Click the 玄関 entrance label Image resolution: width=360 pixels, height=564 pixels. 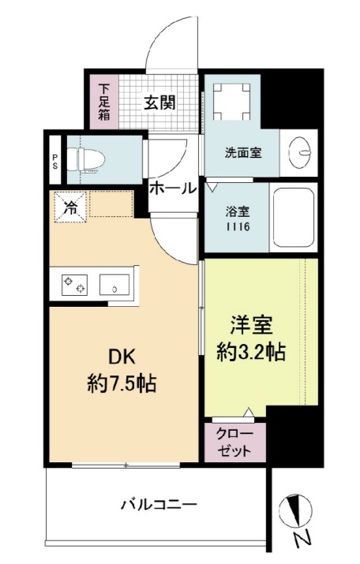[x=159, y=103]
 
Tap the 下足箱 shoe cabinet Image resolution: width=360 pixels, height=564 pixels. [x=104, y=100]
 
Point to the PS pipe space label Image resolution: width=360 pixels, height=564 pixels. [x=54, y=162]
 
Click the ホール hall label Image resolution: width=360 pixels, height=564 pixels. [x=172, y=189]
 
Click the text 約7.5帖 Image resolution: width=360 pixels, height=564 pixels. [x=121, y=384]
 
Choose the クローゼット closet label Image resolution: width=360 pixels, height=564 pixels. [x=236, y=443]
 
